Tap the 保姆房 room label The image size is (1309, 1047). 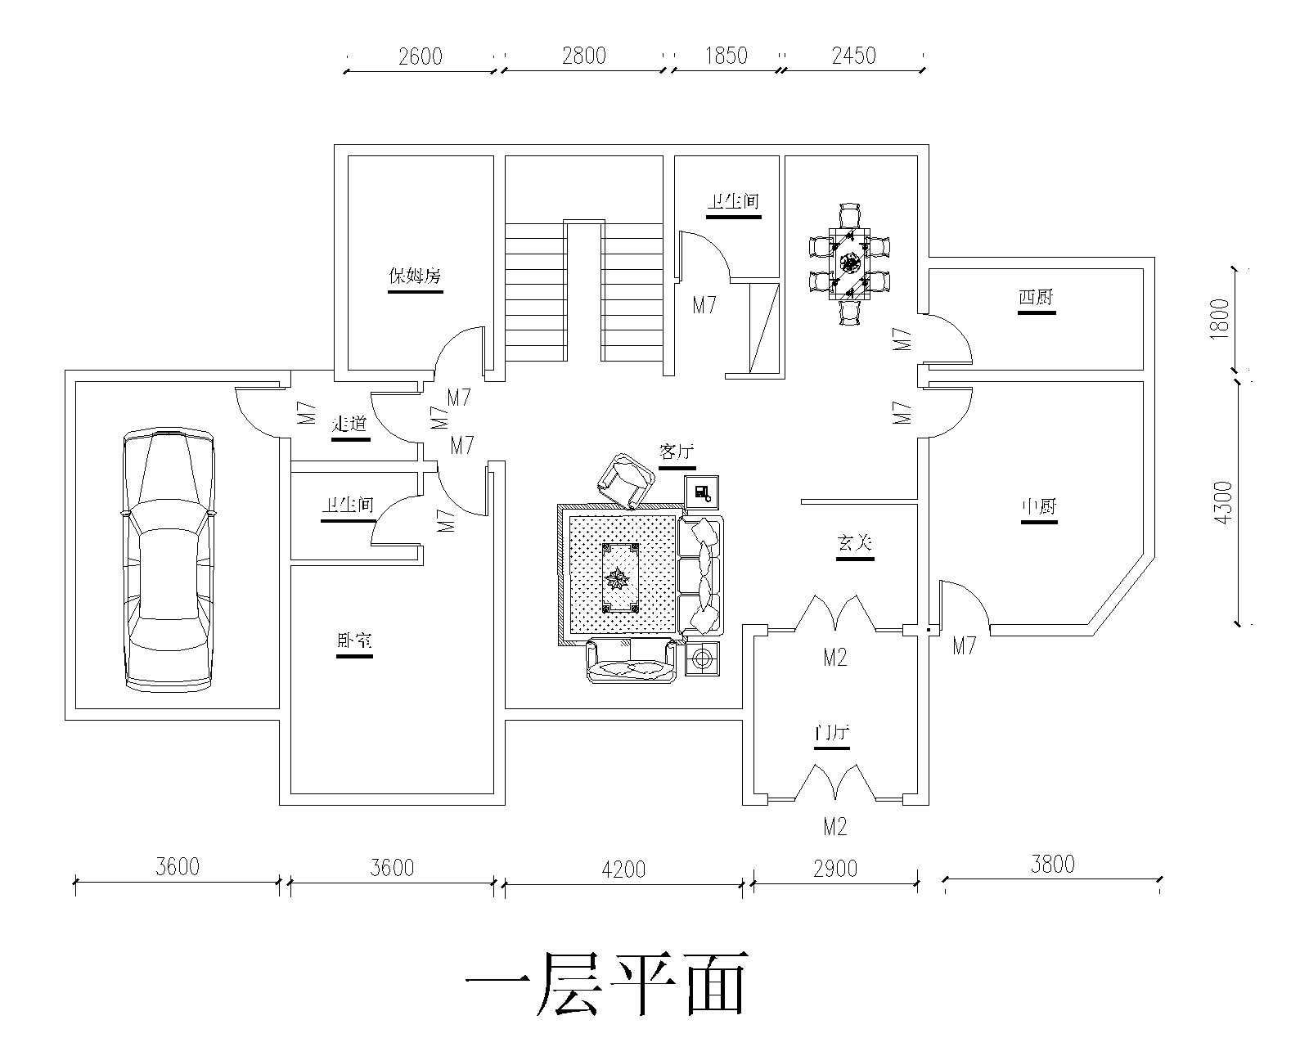(x=415, y=276)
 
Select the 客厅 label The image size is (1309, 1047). (x=677, y=452)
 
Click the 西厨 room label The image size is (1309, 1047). (x=1037, y=299)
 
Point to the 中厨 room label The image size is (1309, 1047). (x=1039, y=507)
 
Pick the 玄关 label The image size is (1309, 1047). (x=855, y=543)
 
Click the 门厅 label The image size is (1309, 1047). (x=832, y=733)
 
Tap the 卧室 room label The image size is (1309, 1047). (x=354, y=641)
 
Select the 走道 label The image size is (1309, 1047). (x=350, y=425)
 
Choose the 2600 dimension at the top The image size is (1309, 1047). (x=420, y=56)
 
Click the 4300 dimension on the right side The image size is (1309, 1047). (x=1223, y=502)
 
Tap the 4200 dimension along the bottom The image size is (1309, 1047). (x=623, y=868)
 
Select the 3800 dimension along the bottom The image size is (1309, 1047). (x=1052, y=863)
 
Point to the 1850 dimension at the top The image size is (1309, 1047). (x=726, y=56)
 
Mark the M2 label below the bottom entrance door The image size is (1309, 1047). (x=834, y=827)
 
